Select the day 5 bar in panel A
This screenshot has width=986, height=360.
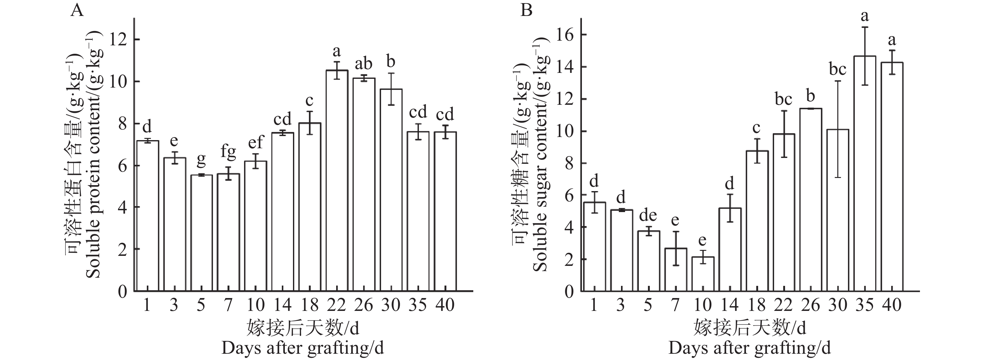[201, 233]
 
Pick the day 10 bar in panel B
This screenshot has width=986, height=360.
[702, 274]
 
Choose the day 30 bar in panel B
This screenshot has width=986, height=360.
[838, 210]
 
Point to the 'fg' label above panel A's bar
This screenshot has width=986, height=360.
[229, 152]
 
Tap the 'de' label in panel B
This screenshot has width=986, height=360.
[648, 215]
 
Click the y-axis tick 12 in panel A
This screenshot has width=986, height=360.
[118, 40]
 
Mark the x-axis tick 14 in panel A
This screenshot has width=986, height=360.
[282, 305]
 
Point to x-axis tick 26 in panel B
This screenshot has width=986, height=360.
[811, 305]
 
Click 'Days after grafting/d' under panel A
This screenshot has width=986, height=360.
[302, 348]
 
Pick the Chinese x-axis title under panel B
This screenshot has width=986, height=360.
[749, 328]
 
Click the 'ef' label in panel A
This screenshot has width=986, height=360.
[256, 142]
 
